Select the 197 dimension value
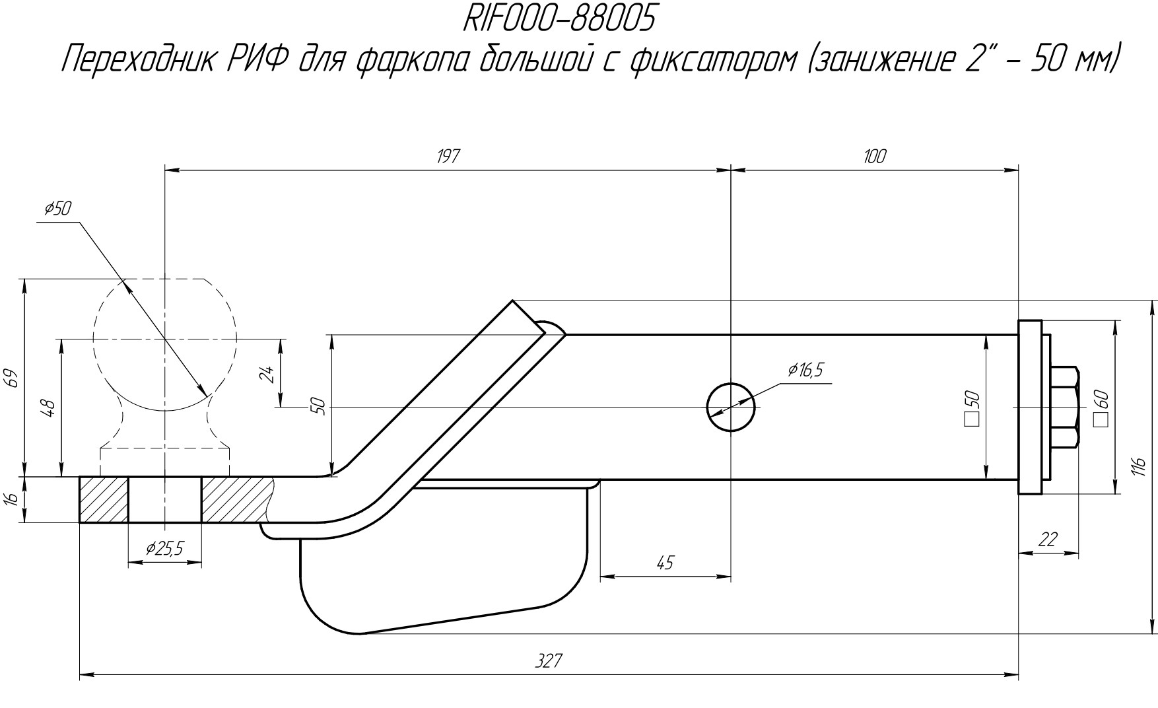[x=448, y=157]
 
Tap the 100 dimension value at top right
[x=874, y=157]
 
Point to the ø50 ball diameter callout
[x=57, y=209]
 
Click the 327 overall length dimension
[x=548, y=660]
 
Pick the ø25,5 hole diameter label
[x=164, y=548]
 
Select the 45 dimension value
[x=665, y=563]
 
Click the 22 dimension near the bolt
[x=1048, y=540]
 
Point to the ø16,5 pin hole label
[x=805, y=371]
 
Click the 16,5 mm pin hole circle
[x=731, y=407]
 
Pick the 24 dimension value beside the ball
[x=267, y=374]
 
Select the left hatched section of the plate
[x=104, y=499]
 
